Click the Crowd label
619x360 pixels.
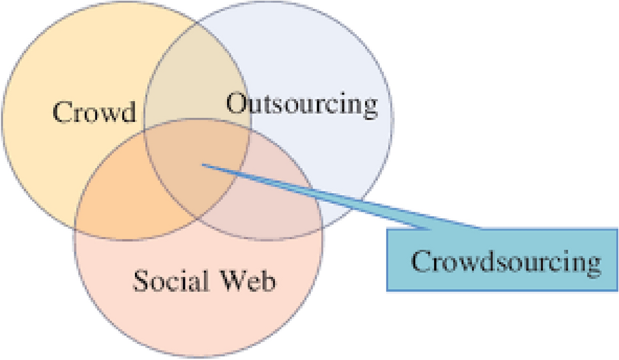pyautogui.click(x=95, y=113)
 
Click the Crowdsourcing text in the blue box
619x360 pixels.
pyautogui.click(x=506, y=262)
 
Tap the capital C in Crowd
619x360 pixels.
pyautogui.click(x=63, y=113)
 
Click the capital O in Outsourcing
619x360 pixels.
pyautogui.click(x=237, y=105)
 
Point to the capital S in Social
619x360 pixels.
pyautogui.click(x=139, y=279)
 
